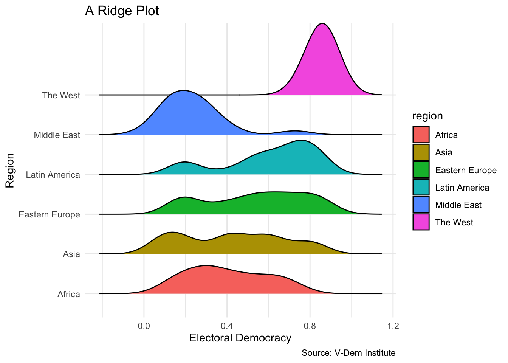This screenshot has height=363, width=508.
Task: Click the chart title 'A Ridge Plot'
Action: click(122, 11)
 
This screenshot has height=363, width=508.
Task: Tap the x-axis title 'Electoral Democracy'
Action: click(240, 338)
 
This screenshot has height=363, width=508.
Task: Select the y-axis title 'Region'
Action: click(10, 170)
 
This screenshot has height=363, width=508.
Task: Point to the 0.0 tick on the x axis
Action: click(144, 326)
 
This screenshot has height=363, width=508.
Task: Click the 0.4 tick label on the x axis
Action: click(227, 326)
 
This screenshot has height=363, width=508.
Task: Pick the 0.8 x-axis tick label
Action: click(310, 326)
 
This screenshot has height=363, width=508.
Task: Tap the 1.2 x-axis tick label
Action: click(393, 326)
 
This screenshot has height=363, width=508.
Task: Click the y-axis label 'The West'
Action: click(61, 95)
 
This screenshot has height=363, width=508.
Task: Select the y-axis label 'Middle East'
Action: click(57, 135)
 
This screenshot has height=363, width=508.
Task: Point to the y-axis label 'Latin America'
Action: click(53, 175)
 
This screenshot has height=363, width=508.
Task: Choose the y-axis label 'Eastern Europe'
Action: click(49, 214)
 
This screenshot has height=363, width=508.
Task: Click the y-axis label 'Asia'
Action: click(71, 254)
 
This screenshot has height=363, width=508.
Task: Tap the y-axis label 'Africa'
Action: click(69, 294)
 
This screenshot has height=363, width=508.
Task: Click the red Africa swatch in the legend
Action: click(421, 135)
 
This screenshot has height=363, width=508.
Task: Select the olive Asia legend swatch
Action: click(421, 152)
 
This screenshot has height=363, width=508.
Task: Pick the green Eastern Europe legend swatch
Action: click(421, 170)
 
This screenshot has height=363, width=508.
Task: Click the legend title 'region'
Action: click(427, 116)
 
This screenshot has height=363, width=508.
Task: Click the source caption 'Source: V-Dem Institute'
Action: click(348, 353)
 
